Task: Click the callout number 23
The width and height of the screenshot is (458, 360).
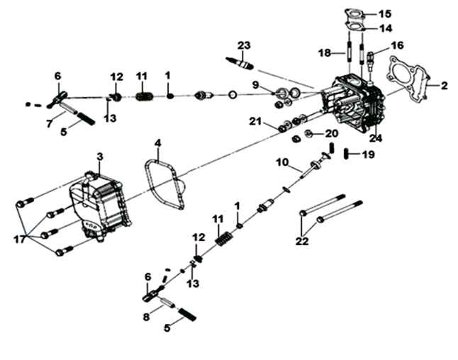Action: [x=243, y=45]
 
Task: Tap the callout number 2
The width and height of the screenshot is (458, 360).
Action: [x=445, y=86]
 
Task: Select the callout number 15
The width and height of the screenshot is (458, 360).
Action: [x=404, y=14]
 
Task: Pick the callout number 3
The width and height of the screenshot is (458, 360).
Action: [x=99, y=156]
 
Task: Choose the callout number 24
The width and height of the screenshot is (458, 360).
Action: [x=376, y=138]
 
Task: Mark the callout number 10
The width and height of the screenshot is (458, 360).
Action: [x=282, y=164]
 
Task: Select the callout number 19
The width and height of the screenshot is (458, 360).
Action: [x=368, y=154]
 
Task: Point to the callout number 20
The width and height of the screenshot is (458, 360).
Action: [x=332, y=133]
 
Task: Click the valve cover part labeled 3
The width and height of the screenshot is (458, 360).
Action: [x=99, y=206]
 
